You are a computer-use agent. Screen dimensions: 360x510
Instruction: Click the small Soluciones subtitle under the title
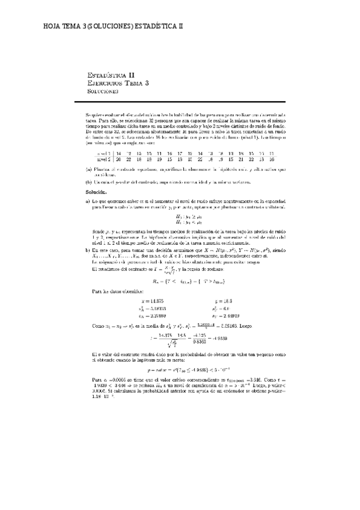click(x=103, y=92)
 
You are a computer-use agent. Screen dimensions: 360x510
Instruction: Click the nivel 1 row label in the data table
click(x=102, y=154)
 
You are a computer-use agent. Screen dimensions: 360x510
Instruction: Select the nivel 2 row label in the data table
click(x=102, y=160)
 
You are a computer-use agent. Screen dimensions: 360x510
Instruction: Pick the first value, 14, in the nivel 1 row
click(x=118, y=154)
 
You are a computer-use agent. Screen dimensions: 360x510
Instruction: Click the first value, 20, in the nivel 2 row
click(x=118, y=160)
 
